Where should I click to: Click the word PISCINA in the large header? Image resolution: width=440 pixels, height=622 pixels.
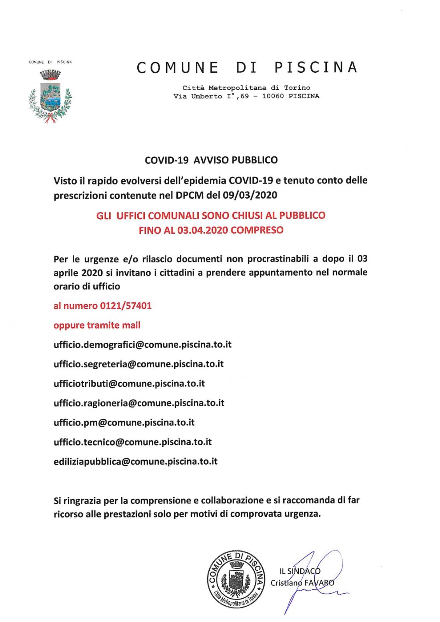tap(316, 68)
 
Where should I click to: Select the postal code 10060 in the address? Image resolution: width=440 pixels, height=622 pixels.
tap(273, 96)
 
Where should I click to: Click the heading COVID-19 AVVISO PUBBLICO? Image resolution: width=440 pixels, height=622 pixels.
tap(211, 160)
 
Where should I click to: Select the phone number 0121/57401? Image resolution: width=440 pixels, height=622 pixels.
tap(126, 306)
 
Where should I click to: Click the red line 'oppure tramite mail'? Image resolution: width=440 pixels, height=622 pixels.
tap(97, 325)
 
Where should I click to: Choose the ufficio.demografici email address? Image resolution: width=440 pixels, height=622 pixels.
tap(142, 345)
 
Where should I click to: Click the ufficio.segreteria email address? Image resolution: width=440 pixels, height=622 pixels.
tap(138, 364)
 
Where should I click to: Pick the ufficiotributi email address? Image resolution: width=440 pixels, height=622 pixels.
tap(129, 384)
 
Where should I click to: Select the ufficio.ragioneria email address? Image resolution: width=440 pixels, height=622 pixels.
tap(139, 403)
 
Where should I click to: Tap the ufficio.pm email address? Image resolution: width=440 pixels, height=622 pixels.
tap(124, 423)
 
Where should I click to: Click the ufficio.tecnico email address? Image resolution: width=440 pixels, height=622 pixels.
tap(133, 442)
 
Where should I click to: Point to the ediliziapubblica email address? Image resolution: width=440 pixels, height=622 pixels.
tap(135, 462)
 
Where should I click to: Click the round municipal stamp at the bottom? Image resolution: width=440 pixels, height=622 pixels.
tap(236, 579)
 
